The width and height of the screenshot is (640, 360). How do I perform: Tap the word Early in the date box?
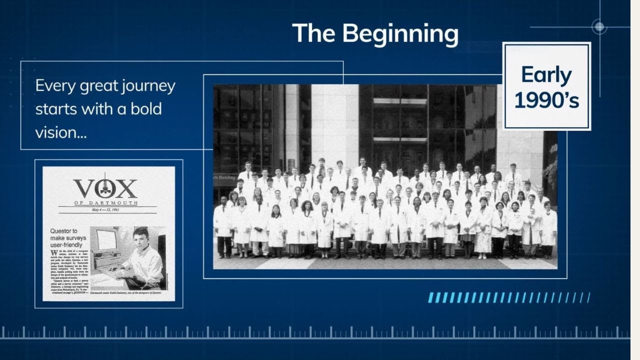point(546,75)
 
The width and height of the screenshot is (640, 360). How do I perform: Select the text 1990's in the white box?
point(546,100)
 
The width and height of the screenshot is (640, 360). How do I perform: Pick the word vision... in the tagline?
point(60,132)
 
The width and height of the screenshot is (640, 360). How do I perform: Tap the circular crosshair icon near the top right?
point(599,26)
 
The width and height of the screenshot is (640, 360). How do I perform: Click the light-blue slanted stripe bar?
point(509,298)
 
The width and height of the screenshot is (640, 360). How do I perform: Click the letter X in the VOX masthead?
point(127,188)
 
